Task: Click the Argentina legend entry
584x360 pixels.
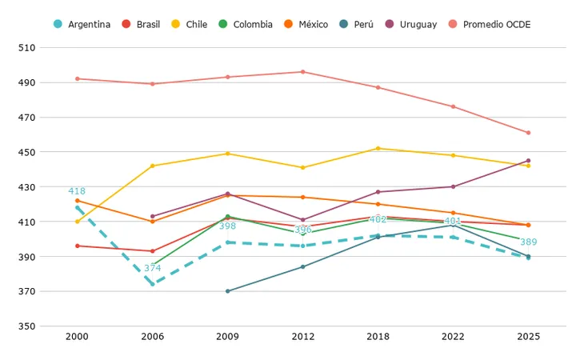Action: tap(82, 25)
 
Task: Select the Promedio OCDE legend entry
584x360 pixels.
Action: tap(489, 25)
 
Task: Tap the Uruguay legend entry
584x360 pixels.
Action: tap(411, 25)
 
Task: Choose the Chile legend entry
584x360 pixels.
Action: tap(190, 25)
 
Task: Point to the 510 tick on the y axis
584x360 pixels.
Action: tap(27, 48)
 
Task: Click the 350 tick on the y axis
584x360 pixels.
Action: tap(27, 326)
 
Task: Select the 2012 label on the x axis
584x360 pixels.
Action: tap(303, 337)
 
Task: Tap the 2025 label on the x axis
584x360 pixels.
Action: tap(528, 337)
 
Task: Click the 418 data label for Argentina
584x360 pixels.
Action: tap(77, 191)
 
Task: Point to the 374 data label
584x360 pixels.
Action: tap(152, 268)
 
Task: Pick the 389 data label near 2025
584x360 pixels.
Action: tap(528, 242)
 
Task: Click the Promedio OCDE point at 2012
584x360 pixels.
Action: tap(303, 72)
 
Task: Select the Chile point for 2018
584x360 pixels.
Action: tap(378, 149)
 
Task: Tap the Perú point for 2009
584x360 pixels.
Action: tap(227, 291)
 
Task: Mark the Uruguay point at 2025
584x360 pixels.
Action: tap(528, 161)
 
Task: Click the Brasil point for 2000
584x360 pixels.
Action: tap(78, 246)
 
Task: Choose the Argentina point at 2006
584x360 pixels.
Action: tap(152, 284)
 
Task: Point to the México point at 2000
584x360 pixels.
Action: tap(78, 201)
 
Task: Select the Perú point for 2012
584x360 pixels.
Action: tap(303, 267)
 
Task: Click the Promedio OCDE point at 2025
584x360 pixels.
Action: tap(528, 133)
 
